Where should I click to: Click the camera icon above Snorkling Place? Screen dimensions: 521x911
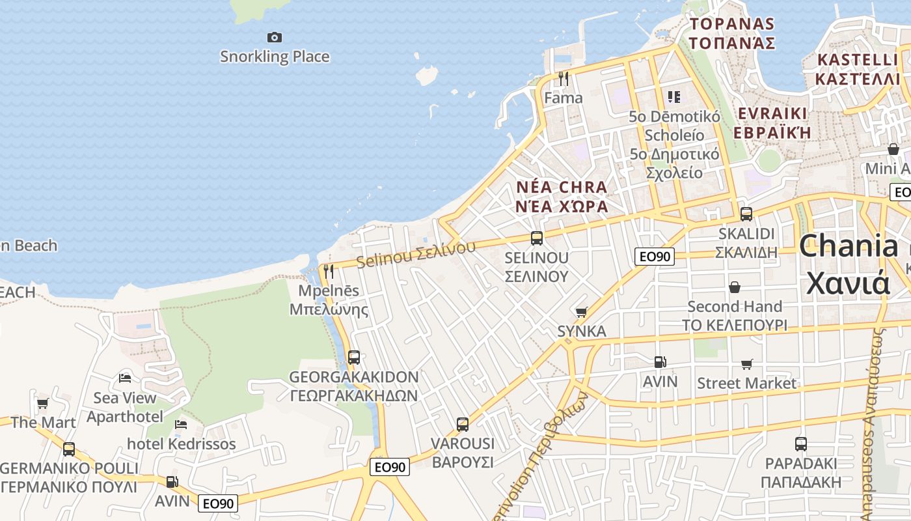pos(275,38)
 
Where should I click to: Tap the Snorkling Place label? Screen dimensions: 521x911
pos(275,57)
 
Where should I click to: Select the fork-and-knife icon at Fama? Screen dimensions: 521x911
pos(564,79)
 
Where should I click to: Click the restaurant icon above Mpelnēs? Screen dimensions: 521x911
pos(329,272)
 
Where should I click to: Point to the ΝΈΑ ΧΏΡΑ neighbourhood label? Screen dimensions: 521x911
pos(562,206)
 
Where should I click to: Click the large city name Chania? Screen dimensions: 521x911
pos(848,247)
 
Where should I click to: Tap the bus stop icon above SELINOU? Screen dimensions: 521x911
pos(537,238)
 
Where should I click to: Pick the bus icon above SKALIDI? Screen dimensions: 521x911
pos(746,214)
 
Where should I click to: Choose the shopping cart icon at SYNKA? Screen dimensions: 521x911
pos(581,313)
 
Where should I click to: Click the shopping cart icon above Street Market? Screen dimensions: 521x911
pos(746,365)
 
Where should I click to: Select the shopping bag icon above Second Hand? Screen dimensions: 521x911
pos(735,287)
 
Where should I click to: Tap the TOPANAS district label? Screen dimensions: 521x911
pos(732,25)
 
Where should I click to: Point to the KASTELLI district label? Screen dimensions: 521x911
pos(857,60)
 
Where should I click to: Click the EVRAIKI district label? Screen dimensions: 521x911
pos(772,113)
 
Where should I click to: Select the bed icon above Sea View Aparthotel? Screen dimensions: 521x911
pos(125,378)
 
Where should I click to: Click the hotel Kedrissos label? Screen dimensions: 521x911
pos(182,444)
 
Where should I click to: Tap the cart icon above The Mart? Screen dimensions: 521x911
pos(43,404)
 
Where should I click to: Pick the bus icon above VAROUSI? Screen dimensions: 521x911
pos(463,425)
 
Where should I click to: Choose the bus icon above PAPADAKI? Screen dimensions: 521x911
pos(801,444)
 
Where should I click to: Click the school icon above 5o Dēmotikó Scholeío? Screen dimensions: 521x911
pos(674,97)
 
